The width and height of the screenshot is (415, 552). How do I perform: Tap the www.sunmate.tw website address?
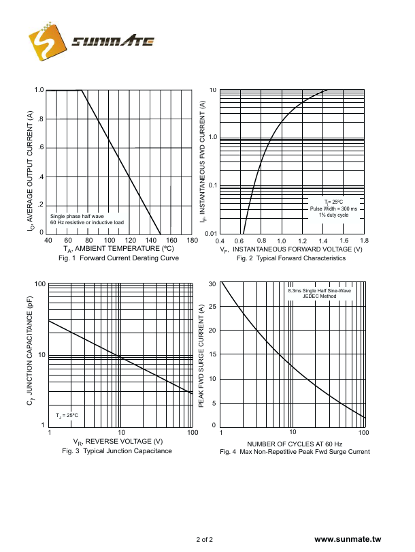point(348,540)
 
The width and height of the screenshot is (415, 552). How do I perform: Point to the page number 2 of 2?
point(204,540)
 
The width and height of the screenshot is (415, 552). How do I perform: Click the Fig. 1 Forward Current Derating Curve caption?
point(119,258)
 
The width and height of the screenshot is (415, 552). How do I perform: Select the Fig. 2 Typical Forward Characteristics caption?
point(291,258)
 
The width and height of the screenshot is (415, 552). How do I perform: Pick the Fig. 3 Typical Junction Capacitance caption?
point(117,451)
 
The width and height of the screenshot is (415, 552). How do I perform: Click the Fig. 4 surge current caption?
point(295,452)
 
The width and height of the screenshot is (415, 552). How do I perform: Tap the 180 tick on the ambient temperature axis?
point(191,241)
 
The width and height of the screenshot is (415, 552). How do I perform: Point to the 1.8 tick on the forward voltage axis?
point(364,241)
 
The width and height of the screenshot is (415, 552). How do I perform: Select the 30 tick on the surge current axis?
point(212,284)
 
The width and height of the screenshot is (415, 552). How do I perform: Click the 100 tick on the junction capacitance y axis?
point(40,284)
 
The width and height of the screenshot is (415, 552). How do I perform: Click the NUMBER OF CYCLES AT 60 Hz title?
point(295,443)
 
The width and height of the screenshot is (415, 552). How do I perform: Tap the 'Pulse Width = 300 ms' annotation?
point(333,209)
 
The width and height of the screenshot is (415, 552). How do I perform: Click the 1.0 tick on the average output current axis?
point(39,90)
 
